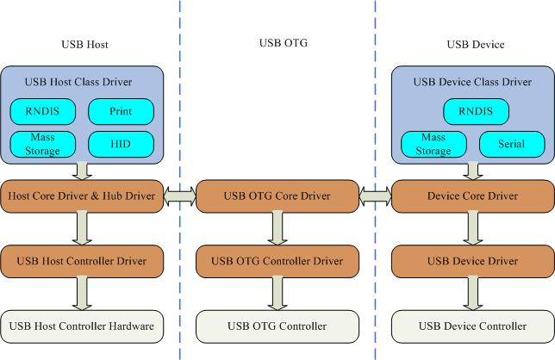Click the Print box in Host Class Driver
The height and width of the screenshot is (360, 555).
[121, 111]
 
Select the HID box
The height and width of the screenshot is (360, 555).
[121, 144]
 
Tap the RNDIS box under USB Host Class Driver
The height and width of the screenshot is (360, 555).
[43, 111]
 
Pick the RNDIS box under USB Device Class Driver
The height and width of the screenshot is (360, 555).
[472, 111]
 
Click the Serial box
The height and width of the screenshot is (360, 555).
[510, 144]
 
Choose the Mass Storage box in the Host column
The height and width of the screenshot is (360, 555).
[43, 144]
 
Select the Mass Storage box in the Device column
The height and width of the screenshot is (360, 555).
[434, 144]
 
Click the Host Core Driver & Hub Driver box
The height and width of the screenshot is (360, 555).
[82, 196]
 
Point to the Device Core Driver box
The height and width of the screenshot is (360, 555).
[472, 196]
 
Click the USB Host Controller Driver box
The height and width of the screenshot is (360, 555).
[82, 260]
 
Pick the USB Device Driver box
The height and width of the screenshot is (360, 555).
[472, 260]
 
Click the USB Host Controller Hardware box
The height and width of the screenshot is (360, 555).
[82, 326]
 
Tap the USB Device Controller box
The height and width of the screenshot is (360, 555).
[472, 326]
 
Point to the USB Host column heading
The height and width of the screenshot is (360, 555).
[84, 44]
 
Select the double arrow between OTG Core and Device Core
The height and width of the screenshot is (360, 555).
[375, 197]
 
